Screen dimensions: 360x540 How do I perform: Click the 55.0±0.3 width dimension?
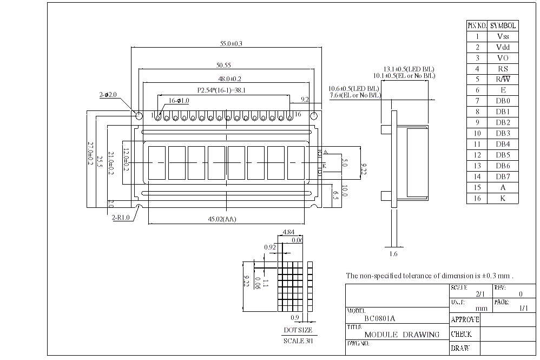click(227, 43)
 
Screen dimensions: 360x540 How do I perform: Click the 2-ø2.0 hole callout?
click(108, 95)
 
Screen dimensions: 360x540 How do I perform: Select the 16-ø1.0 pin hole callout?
click(179, 100)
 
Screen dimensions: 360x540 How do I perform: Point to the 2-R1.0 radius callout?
click(121, 218)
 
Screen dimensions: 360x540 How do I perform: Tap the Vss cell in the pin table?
click(503, 36)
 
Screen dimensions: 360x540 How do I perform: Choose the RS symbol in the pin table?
click(503, 69)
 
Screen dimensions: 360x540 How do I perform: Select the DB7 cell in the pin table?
click(503, 176)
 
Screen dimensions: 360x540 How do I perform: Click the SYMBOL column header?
click(503, 25)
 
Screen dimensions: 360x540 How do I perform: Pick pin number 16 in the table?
click(477, 198)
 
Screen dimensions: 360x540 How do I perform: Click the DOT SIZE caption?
click(298, 330)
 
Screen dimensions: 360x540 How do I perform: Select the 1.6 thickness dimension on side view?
click(393, 253)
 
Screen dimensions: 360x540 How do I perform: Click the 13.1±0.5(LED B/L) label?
click(409, 69)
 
